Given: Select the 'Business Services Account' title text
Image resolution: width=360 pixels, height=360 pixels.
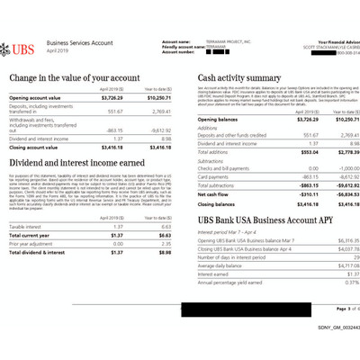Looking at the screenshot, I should coord(78,43).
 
